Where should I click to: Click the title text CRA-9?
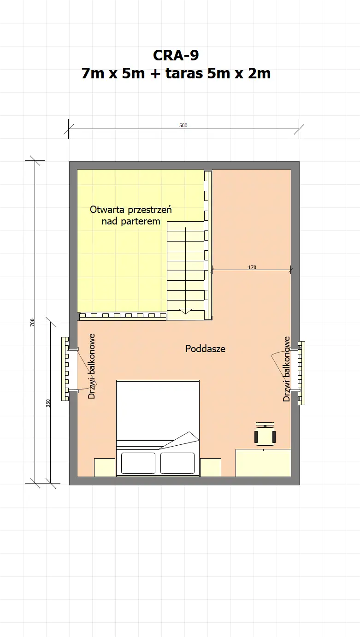pos(176,55)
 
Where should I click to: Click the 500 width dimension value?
pos(183,125)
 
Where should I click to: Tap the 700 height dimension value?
pos(32,323)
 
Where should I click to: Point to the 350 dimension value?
pos(48,403)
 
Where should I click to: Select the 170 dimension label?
pos(252,267)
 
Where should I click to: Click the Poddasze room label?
pos(205,349)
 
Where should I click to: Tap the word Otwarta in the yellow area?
pos(107,210)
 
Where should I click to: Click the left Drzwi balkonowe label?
pos(92,366)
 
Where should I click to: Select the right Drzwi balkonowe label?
pos(287,369)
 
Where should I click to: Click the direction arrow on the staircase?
pos(185,311)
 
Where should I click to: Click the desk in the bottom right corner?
pos(263,463)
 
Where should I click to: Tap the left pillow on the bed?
pos(138,463)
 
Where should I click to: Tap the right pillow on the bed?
pos(177,463)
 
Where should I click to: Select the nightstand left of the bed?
pos(105,467)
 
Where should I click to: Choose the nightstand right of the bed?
pos(210,467)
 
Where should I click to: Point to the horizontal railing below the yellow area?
pos(122,316)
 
